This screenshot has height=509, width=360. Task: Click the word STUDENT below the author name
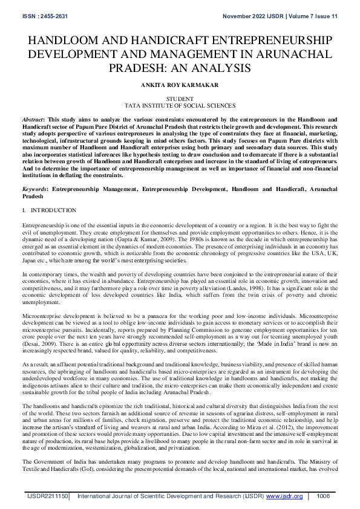180,98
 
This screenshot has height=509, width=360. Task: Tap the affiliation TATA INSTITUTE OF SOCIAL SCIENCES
180,105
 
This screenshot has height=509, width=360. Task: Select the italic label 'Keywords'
34,189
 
